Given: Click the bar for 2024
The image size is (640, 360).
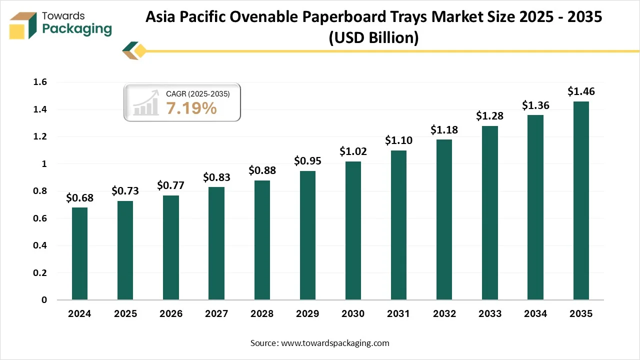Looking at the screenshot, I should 79,253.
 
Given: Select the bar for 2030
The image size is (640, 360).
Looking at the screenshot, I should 353,230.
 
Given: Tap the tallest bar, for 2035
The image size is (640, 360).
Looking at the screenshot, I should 581,200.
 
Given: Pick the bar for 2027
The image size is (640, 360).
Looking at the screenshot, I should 216,243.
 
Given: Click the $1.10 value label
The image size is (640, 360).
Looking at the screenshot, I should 398,140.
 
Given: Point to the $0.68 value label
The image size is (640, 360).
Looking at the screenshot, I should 79,197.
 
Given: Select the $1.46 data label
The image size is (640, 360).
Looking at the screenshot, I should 581,91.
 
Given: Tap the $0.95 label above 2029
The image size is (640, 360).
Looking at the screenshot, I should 307,161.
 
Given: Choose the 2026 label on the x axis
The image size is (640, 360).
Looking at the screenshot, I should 171,314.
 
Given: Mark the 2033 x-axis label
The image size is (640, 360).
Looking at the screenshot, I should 490,314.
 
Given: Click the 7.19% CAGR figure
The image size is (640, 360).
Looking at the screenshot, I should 191,107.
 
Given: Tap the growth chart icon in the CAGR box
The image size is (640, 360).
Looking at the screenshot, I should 146,103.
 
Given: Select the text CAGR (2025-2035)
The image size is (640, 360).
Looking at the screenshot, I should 197,93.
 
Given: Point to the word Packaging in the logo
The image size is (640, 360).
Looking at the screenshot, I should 77,29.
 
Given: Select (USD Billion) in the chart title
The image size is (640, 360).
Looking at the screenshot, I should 373,37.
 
